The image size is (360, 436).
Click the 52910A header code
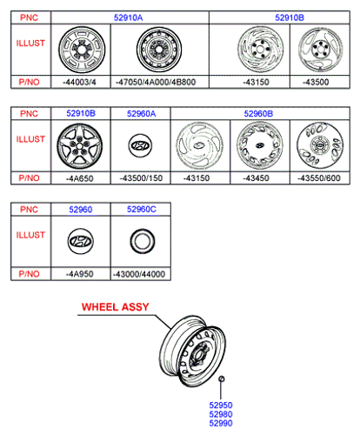(x=128, y=17)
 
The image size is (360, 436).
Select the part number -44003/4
(x=79, y=82)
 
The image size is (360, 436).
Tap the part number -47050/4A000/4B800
(x=156, y=82)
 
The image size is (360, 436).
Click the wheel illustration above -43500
(x=321, y=50)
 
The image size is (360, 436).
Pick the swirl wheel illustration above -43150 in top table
(x=260, y=50)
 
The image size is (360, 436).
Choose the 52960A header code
(x=141, y=114)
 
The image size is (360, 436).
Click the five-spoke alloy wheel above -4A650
(x=80, y=146)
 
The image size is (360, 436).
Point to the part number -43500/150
(x=141, y=178)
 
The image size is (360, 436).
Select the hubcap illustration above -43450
(x=259, y=145)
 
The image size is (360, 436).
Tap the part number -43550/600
(x=319, y=178)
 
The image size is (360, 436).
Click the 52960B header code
(x=258, y=114)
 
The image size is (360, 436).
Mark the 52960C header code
(x=142, y=209)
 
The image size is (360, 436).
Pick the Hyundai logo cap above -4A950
(x=81, y=241)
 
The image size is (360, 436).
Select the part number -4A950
(x=80, y=274)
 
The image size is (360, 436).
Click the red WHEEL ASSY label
(x=116, y=307)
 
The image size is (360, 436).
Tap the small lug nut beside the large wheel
(x=221, y=379)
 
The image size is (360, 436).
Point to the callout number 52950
(x=221, y=405)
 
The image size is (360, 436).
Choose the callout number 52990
(x=221, y=423)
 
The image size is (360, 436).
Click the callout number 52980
(x=221, y=414)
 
